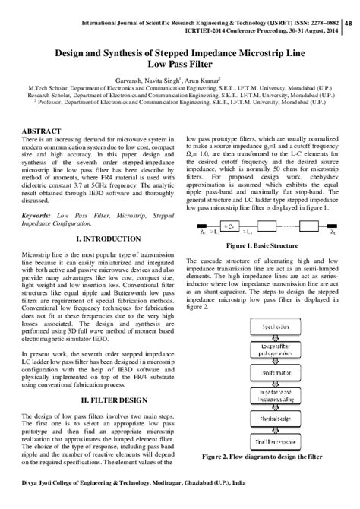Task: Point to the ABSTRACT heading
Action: (x=44, y=132)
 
